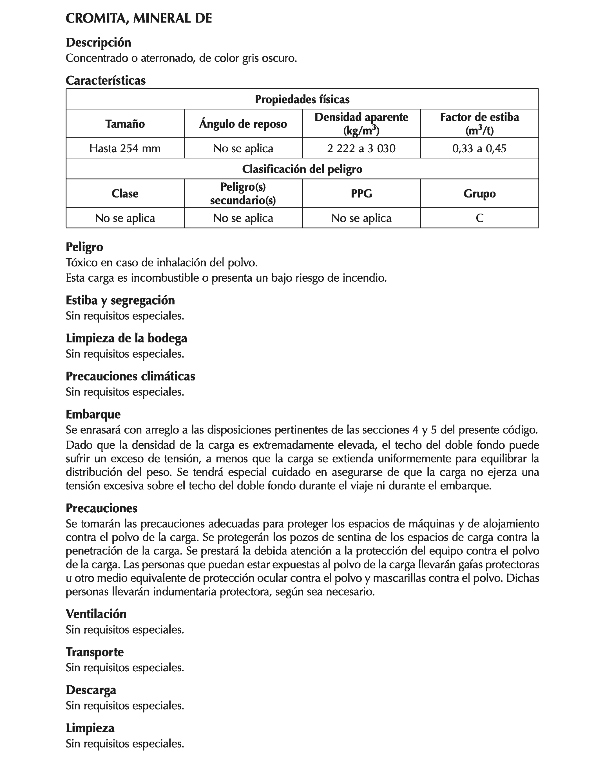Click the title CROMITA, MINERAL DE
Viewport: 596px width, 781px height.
[x=139, y=19]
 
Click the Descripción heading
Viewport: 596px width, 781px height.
[x=98, y=42]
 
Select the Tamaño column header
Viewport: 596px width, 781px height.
[x=125, y=124]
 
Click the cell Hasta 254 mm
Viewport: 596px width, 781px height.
[x=125, y=148]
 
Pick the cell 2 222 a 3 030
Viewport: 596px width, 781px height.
[x=361, y=148]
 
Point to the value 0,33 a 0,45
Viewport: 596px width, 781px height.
[x=479, y=148]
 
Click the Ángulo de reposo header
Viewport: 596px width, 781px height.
[x=243, y=124]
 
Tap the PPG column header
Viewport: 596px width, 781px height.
[x=361, y=194]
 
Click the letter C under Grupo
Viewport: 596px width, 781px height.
[x=479, y=218]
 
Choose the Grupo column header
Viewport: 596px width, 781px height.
[x=479, y=194]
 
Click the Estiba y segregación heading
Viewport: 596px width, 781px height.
[x=120, y=300]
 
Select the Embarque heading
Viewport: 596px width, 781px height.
[x=93, y=414]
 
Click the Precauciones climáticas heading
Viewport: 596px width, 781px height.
[x=130, y=376]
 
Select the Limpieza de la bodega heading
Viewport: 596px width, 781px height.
[x=126, y=338]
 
